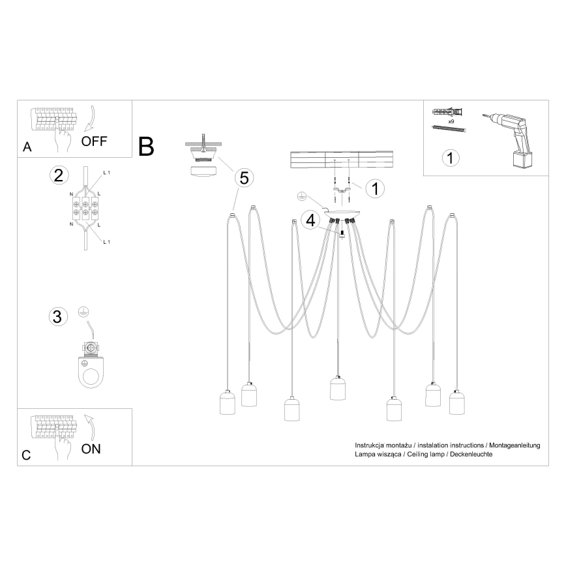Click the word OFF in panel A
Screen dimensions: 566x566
pyautogui.click(x=95, y=140)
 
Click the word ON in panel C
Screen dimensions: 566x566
pyautogui.click(x=92, y=449)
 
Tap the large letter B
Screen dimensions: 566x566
pyautogui.click(x=147, y=146)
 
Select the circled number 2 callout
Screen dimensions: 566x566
pyautogui.click(x=59, y=175)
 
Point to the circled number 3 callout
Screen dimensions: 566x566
pyautogui.click(x=58, y=316)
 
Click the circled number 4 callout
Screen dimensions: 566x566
pyautogui.click(x=311, y=220)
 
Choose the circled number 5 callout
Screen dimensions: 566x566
pyautogui.click(x=243, y=176)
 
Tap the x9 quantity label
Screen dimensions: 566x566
pyautogui.click(x=451, y=121)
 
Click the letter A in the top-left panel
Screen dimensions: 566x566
pyautogui.click(x=27, y=147)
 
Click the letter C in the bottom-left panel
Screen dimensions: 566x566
pyautogui.click(x=26, y=455)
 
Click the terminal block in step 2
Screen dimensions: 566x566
pyautogui.click(x=85, y=208)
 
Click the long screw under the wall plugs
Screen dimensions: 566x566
pyautogui.click(x=449, y=130)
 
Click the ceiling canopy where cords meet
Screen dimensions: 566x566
pyautogui.click(x=342, y=216)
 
